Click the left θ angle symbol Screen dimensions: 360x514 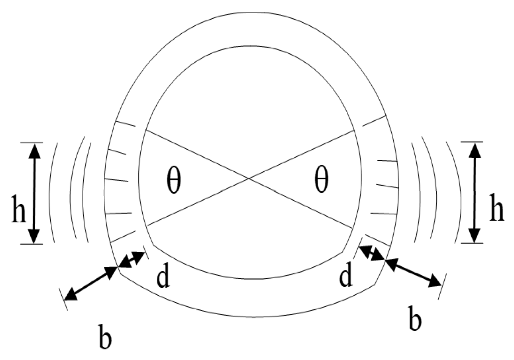click(x=174, y=180)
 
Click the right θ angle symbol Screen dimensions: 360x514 click(x=321, y=180)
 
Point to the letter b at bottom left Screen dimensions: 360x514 click(x=105, y=335)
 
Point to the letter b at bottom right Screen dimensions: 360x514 click(x=415, y=320)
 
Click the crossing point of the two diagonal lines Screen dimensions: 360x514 click(x=249, y=178)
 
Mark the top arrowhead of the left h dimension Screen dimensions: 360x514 click(x=34, y=150)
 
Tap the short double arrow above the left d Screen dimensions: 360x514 click(x=132, y=259)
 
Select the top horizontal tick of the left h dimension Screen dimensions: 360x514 click(x=31, y=143)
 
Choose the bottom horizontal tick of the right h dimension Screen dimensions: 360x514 click(x=472, y=243)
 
